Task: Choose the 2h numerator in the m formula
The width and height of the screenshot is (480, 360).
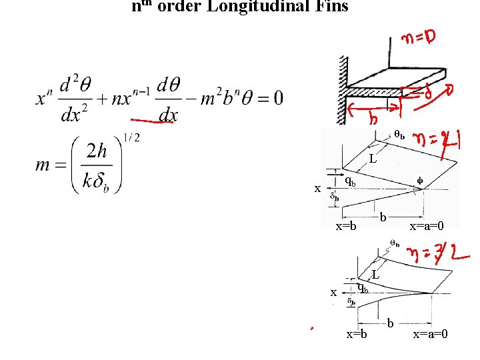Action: [98, 151]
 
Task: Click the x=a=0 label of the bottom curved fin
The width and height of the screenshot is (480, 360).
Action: [430, 333]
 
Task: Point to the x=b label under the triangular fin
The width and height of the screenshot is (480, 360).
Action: [345, 226]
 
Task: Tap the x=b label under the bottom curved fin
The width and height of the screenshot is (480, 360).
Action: [357, 333]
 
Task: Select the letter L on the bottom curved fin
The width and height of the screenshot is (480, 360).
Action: [376, 274]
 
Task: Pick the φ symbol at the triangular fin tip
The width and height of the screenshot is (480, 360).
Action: [419, 179]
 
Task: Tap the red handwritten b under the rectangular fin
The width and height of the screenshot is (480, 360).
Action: [374, 118]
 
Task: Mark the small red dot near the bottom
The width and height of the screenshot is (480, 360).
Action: [310, 327]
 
